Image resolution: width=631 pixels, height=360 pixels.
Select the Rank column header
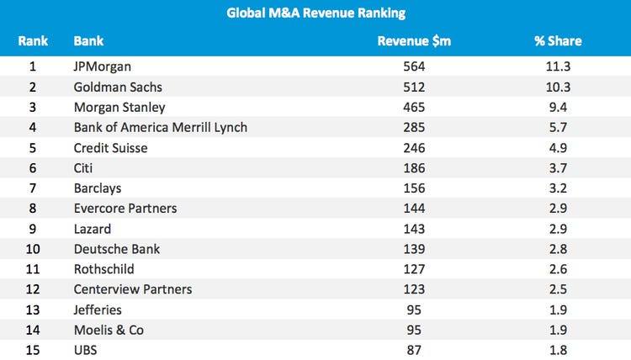click(x=33, y=40)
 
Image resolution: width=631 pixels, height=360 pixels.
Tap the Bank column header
click(x=88, y=40)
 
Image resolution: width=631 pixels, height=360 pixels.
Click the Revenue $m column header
click(x=413, y=40)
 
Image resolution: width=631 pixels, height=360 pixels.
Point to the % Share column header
click(x=558, y=40)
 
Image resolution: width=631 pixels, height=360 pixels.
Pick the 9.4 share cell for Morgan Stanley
click(x=558, y=107)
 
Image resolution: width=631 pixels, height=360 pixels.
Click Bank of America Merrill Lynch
click(x=160, y=127)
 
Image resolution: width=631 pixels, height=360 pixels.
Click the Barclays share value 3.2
click(x=558, y=188)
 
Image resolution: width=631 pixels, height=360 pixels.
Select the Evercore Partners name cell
click(x=125, y=208)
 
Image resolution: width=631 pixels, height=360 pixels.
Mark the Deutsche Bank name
click(x=117, y=248)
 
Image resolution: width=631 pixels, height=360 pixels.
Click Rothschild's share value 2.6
click(x=558, y=268)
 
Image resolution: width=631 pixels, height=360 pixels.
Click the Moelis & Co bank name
click(x=109, y=330)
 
